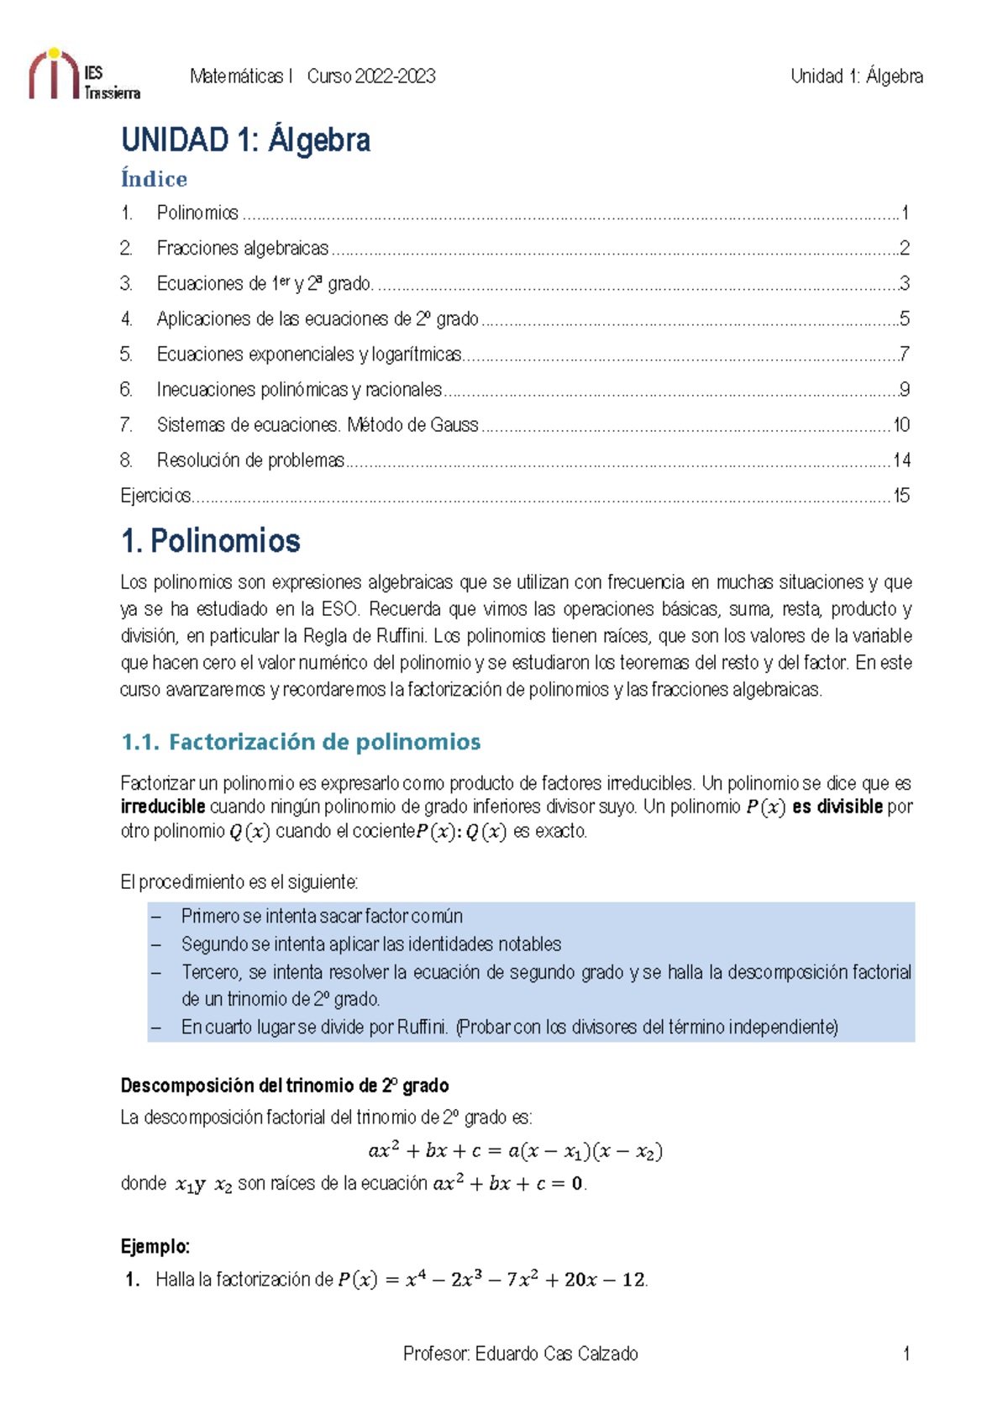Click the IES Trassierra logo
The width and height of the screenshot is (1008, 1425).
click(x=83, y=75)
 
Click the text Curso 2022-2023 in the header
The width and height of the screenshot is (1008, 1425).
click(x=370, y=76)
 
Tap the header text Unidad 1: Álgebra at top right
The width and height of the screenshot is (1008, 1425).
click(x=856, y=76)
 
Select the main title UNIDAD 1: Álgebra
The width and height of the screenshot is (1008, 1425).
click(x=245, y=139)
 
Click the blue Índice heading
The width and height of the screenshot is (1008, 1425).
click(x=154, y=179)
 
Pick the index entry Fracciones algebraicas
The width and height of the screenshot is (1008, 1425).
click(x=242, y=249)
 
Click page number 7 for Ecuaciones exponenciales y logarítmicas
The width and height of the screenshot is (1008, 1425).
click(x=904, y=355)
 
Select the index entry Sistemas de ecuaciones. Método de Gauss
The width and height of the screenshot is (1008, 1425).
click(x=317, y=425)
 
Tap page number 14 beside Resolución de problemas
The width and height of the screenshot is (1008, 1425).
click(x=901, y=460)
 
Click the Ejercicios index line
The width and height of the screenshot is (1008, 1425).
click(x=156, y=496)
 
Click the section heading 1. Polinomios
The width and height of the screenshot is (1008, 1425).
click(x=210, y=541)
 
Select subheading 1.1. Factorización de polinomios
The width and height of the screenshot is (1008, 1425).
click(x=301, y=742)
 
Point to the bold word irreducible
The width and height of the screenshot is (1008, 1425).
click(x=163, y=807)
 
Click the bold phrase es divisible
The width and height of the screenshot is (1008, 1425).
click(x=837, y=807)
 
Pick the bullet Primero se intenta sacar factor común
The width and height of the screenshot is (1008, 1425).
click(x=322, y=917)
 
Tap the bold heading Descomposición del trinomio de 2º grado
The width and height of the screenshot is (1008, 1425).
click(x=285, y=1086)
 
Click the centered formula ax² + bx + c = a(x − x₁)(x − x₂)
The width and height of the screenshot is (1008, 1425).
click(x=515, y=1151)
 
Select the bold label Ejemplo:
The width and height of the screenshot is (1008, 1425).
click(x=155, y=1246)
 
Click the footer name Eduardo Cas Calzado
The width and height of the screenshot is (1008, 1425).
click(x=555, y=1354)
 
